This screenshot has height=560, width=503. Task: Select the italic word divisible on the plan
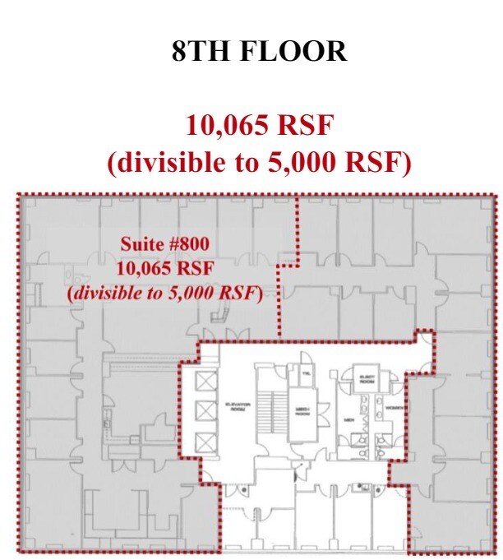click(107, 293)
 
